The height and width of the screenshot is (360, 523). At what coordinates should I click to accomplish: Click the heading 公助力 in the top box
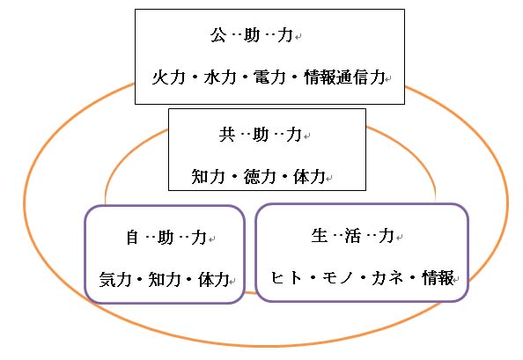click(252, 35)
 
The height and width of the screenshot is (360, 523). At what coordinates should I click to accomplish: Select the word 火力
click(168, 77)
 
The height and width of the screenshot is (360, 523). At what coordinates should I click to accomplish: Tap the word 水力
click(220, 77)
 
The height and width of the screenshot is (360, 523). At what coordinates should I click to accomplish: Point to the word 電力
click(269, 77)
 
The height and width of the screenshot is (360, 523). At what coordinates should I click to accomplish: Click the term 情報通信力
click(344, 77)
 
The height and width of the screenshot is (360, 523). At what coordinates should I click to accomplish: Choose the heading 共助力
click(261, 135)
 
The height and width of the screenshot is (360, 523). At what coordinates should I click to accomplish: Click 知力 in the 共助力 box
click(208, 176)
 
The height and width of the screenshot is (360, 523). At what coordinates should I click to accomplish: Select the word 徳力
click(260, 176)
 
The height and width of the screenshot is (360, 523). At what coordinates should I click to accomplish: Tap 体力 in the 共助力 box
click(309, 176)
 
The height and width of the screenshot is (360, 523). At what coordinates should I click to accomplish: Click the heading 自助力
click(166, 238)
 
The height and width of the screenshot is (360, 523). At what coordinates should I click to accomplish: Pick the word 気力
click(115, 279)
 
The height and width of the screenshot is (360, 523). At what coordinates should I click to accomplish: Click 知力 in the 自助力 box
click(165, 279)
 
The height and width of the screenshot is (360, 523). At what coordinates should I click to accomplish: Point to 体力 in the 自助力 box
click(214, 279)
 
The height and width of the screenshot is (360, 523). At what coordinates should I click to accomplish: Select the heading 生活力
click(353, 236)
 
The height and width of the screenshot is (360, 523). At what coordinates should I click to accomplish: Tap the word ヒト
click(286, 277)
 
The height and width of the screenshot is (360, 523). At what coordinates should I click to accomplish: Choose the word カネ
click(387, 277)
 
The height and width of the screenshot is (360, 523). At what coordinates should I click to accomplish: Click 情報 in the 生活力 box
click(438, 277)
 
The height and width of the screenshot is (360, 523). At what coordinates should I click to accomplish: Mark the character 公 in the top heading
click(218, 35)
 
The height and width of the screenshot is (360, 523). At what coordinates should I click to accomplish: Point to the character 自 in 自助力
click(132, 238)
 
